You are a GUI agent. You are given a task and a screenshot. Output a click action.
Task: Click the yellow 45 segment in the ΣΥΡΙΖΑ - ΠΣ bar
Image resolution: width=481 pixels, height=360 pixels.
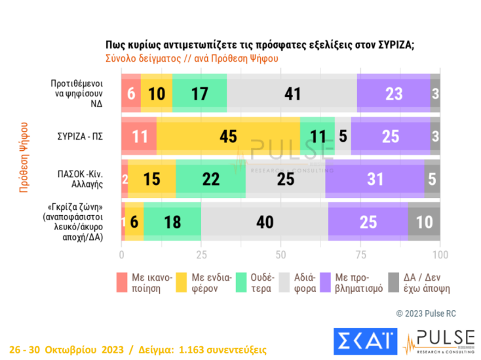point(228,136)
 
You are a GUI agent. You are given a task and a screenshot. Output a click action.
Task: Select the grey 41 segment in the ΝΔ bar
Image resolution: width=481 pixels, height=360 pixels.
point(292,94)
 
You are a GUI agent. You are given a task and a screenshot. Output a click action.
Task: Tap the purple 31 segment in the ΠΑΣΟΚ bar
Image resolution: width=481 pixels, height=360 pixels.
point(374,179)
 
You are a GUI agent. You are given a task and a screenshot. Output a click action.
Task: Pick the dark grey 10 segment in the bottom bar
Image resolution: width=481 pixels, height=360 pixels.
point(424,222)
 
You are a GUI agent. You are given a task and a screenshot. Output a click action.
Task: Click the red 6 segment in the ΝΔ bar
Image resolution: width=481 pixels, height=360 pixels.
point(130,94)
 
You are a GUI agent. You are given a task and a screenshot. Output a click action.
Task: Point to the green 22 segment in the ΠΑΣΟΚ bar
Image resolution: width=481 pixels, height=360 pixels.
point(210,179)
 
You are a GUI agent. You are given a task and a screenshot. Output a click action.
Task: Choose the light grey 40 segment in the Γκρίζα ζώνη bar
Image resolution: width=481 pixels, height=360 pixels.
point(264,222)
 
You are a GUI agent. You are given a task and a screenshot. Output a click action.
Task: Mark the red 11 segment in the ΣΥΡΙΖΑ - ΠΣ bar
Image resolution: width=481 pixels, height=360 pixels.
point(139,136)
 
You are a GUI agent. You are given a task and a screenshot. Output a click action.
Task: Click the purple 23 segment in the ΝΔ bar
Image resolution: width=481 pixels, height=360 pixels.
point(393,94)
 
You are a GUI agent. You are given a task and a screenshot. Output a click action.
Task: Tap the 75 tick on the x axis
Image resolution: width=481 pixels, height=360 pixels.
point(360,254)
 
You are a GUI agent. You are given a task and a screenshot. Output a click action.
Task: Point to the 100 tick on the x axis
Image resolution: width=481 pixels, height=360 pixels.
point(440,254)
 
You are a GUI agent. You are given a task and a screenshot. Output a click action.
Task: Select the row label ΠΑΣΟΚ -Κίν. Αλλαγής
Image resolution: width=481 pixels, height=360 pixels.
point(79,179)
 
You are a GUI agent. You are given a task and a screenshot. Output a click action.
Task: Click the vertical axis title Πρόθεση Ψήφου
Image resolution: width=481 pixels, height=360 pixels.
point(24,156)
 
